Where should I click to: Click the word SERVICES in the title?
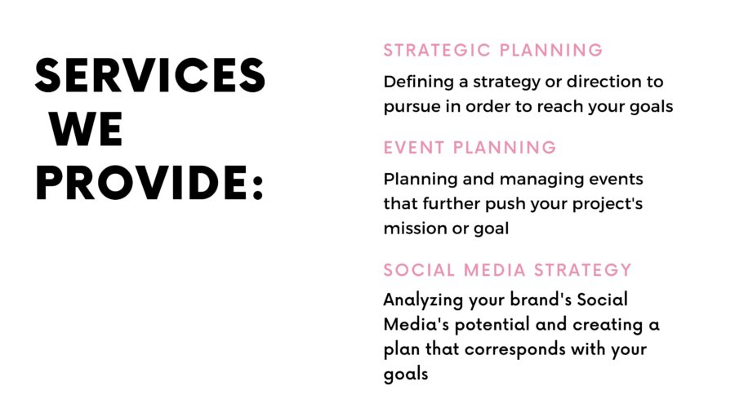150,75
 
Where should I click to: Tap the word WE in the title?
86,129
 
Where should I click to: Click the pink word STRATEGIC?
437,50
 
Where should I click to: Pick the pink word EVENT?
414,148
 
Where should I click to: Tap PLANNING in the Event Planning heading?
505,148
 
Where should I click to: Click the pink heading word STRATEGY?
582,270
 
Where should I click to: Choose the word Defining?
419,82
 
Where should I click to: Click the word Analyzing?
423,300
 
